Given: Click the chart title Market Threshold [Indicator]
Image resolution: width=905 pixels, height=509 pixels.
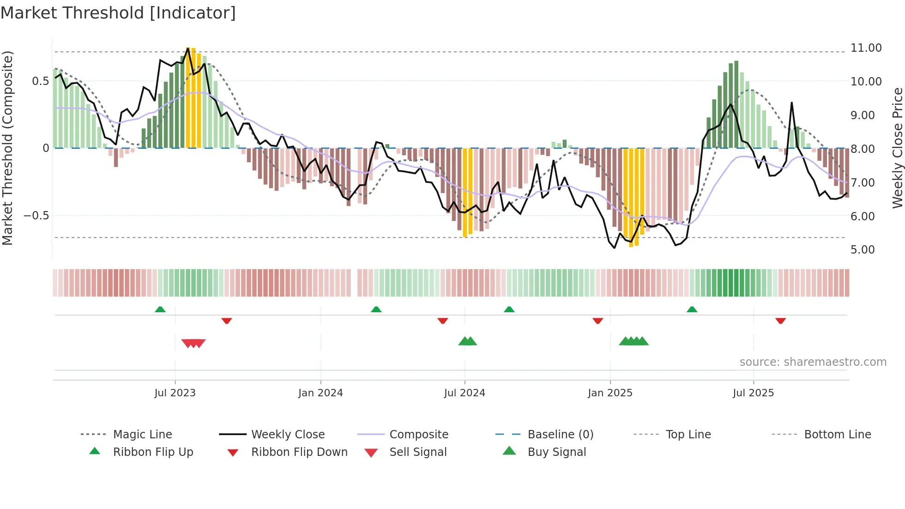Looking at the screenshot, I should click(x=118, y=13).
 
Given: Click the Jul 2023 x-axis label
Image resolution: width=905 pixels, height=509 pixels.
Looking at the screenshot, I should click(x=175, y=393).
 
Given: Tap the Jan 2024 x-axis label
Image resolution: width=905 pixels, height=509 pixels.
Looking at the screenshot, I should click(x=320, y=393).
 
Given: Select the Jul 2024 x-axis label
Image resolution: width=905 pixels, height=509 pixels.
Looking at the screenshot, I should click(x=465, y=393).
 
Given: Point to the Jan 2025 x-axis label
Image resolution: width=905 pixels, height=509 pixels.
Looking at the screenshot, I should click(x=610, y=393).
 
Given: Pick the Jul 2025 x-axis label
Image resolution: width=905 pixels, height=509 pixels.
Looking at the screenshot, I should click(x=753, y=393).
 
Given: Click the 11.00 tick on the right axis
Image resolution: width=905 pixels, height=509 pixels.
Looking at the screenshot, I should click(x=866, y=48).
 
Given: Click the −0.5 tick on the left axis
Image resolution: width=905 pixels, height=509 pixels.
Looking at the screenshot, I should click(x=36, y=216).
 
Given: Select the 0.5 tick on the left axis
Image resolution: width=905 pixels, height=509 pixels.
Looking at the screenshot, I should click(x=40, y=81).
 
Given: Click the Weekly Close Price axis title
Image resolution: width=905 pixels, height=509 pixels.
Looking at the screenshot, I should click(x=897, y=148).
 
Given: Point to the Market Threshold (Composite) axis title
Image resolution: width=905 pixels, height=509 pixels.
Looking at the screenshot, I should click(x=7, y=148).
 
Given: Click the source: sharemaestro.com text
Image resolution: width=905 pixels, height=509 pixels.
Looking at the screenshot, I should click(x=813, y=362).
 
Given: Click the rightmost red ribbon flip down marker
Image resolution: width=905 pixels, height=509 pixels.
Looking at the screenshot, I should click(x=780, y=321).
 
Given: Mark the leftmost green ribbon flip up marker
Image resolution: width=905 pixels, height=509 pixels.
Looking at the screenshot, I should click(x=160, y=309).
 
